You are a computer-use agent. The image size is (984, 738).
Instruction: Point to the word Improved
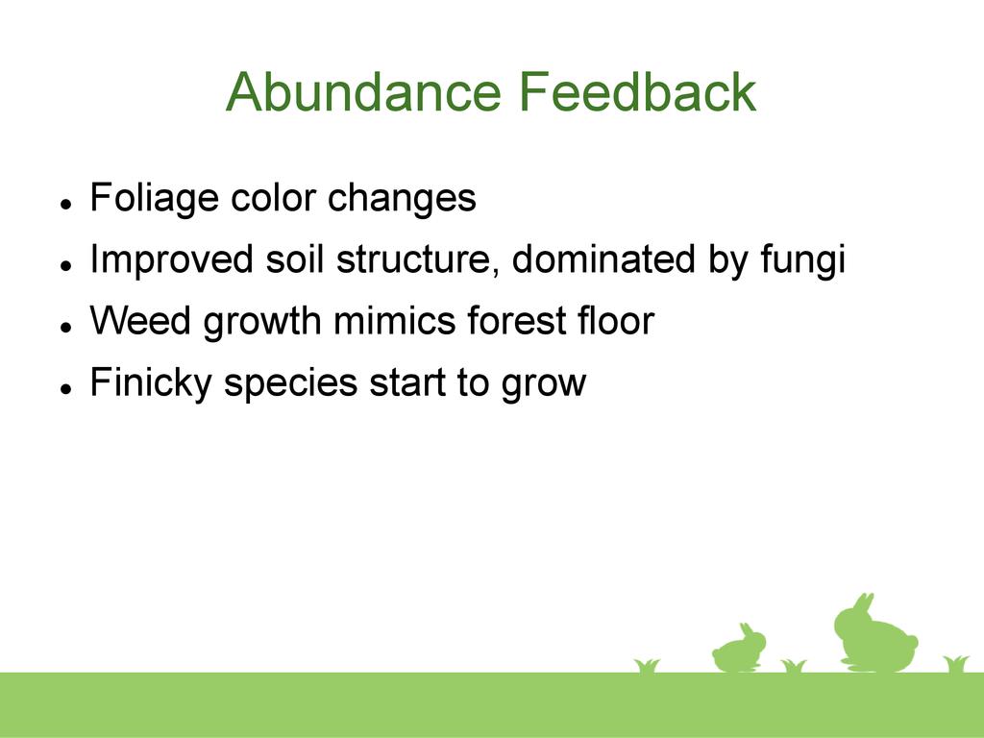pyautogui.click(x=171, y=260)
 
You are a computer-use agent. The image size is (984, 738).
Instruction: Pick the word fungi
pyautogui.click(x=802, y=260)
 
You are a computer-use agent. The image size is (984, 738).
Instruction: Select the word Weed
pyautogui.click(x=140, y=320)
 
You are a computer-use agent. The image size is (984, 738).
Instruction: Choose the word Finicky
pyautogui.click(x=151, y=382)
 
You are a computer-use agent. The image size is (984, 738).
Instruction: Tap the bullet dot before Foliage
pyautogui.click(x=65, y=204)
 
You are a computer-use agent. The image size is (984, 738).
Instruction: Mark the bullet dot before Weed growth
pyautogui.click(x=65, y=327)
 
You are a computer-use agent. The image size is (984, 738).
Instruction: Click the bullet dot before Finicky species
pyautogui.click(x=65, y=388)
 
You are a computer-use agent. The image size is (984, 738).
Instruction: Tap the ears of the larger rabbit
pyautogui.click(x=864, y=603)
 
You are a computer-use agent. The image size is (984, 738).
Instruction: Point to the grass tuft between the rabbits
pyautogui.click(x=793, y=666)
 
